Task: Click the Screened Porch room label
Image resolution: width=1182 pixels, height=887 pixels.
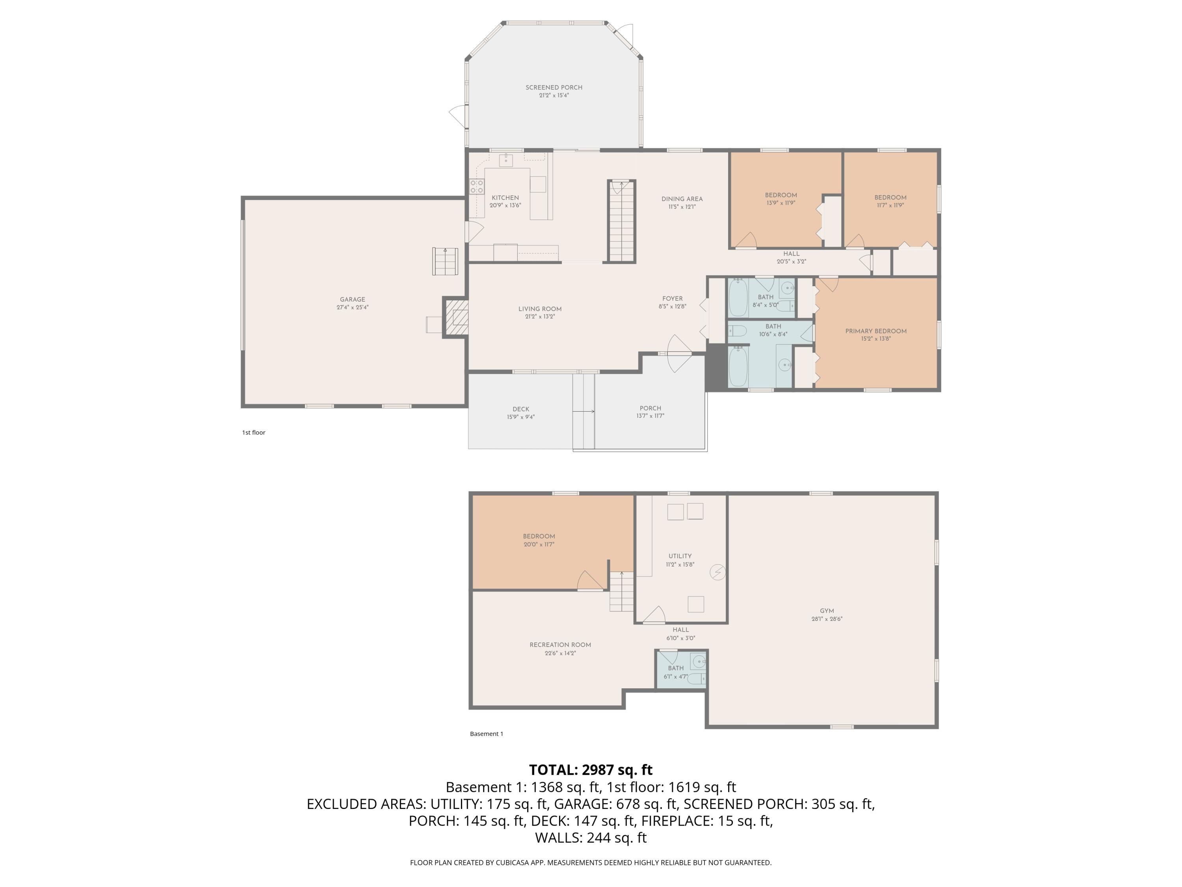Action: tap(554, 87)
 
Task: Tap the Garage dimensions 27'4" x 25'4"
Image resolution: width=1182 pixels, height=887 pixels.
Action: tap(352, 307)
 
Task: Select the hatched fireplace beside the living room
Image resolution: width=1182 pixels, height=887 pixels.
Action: tap(457, 317)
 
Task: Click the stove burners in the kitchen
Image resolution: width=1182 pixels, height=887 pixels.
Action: tap(477, 186)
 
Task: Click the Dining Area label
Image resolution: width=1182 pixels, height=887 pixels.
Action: tap(682, 199)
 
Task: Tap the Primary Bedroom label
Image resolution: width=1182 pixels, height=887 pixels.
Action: tap(875, 331)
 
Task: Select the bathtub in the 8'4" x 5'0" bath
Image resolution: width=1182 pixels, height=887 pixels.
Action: tap(738, 298)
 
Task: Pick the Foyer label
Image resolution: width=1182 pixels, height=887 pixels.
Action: tap(672, 299)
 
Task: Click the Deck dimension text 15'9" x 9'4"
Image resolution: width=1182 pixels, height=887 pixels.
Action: tap(520, 417)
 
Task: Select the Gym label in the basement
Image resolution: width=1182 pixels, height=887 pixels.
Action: tap(826, 611)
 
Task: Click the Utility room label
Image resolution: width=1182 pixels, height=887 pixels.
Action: tap(680, 556)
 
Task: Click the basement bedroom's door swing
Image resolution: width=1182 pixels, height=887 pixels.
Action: tap(590, 581)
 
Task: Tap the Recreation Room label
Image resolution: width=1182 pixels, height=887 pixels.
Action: tap(560, 645)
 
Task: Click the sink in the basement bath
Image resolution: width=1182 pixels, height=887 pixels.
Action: tap(699, 662)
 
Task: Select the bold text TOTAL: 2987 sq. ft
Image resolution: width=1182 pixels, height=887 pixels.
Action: tap(591, 770)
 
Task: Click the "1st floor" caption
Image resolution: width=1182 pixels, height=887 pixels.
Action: tap(253, 432)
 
